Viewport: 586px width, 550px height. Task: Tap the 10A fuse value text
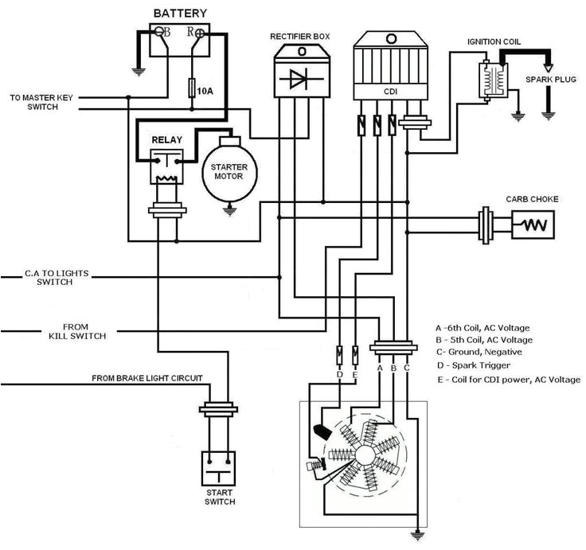tap(205, 92)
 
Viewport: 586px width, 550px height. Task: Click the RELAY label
tap(167, 141)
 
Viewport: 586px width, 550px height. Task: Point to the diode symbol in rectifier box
tap(301, 80)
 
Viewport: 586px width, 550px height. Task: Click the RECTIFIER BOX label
tap(301, 37)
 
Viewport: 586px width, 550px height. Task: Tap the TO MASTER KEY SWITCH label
tap(41, 103)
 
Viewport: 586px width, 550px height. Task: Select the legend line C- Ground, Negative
tap(479, 351)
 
